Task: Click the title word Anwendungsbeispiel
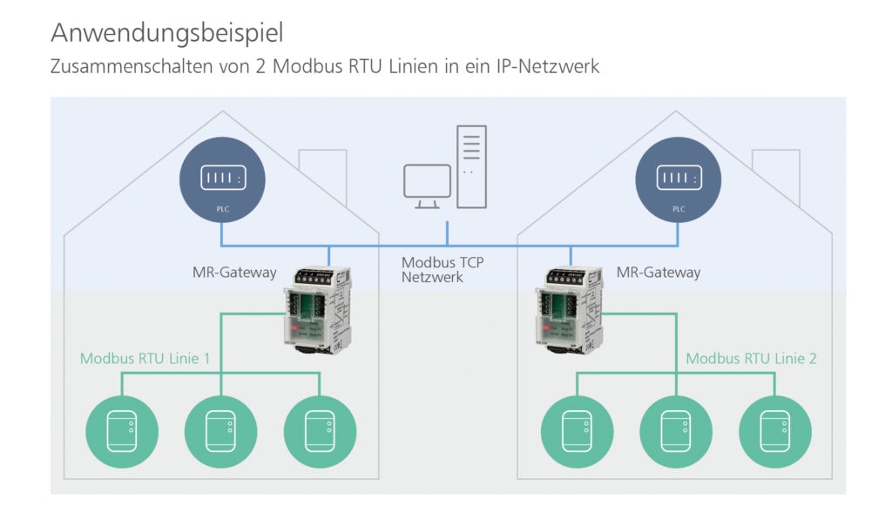166,33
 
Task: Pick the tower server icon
470,166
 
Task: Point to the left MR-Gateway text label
234,273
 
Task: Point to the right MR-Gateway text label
658,273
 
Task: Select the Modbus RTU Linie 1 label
145,359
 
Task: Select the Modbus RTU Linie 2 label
751,359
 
